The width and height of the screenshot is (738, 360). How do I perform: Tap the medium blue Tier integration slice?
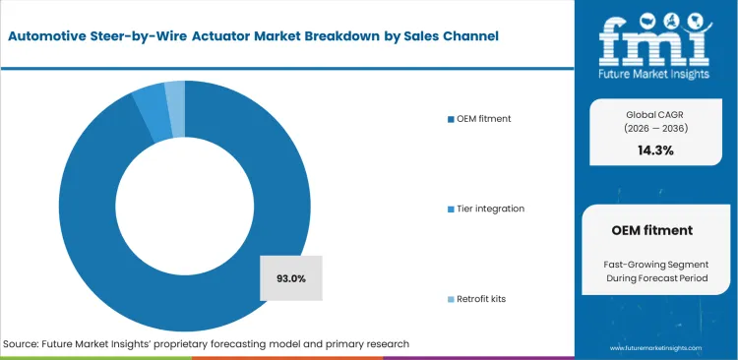point(151,97)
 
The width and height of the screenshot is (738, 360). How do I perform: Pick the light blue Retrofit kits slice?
point(175,93)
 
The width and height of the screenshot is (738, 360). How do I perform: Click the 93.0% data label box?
point(292,278)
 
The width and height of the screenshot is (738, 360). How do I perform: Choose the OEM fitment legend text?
point(484,119)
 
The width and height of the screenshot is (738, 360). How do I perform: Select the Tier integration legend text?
point(491,209)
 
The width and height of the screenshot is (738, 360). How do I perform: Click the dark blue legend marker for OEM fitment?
point(451,119)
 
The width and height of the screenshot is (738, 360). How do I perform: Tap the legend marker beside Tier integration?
point(451,209)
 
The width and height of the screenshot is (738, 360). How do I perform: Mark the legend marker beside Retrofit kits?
point(451,298)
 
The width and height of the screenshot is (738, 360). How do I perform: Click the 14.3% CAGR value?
point(655,150)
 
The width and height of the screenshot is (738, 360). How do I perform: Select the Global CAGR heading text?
point(655,111)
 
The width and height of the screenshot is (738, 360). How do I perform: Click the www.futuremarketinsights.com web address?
point(655,348)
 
